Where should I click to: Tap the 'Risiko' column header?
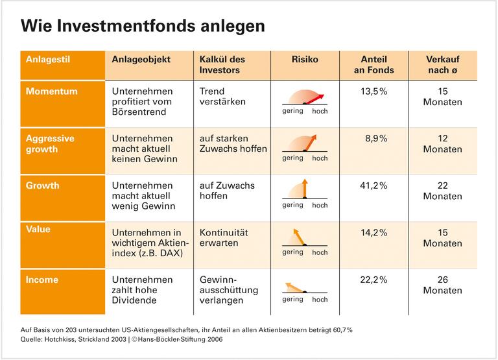pos(305,59)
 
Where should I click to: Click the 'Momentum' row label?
pos(51,91)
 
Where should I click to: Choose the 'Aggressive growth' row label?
pos(51,143)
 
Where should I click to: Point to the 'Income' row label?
pos(42,280)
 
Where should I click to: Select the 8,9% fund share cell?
pos(375,138)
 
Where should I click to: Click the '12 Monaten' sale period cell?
pos(442,143)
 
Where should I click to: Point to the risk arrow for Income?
pos(295,287)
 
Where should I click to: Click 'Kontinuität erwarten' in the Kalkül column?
pos(224,237)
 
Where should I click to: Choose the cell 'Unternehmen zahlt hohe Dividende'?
pos(143,290)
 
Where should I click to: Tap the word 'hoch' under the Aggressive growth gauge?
pos(320,158)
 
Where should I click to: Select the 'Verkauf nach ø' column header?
pos(442,64)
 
